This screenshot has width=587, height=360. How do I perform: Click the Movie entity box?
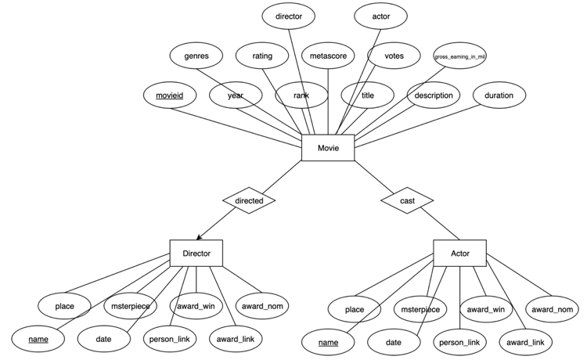coord(328,148)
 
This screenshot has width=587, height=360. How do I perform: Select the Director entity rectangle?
coord(196,253)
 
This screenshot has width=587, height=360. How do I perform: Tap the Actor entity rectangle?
coord(459,254)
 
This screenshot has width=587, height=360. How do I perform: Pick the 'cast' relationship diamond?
coord(407,201)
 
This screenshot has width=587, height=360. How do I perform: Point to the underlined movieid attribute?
coord(169,95)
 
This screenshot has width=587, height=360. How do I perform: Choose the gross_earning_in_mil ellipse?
coord(459,56)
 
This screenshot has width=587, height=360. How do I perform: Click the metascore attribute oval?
coord(328,56)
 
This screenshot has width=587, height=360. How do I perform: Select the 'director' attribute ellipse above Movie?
coord(289,15)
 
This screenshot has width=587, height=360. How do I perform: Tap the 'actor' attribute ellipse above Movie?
coord(381,15)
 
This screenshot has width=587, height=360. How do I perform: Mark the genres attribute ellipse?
coord(196,56)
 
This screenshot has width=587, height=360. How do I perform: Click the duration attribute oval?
coord(499,95)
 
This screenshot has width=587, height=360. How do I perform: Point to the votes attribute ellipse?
coord(394,56)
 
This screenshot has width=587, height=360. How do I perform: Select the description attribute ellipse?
coord(434,95)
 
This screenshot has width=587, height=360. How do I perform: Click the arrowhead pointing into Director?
coord(199,237)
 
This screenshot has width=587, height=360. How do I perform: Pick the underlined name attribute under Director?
coord(38,339)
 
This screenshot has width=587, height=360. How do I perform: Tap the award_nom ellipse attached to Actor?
coord(551,309)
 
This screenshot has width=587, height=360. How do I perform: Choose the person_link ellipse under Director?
coord(170,339)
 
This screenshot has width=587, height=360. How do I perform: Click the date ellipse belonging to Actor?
coord(394,341)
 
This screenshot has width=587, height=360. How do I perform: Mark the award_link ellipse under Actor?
coord(525,341)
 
